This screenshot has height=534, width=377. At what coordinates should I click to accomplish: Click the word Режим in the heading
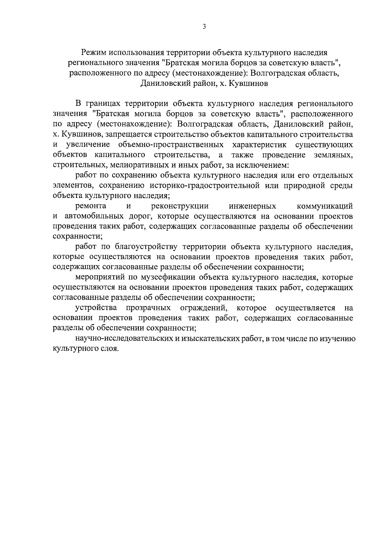pos(92,52)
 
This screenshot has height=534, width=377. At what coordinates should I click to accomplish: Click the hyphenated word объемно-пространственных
pos(171,145)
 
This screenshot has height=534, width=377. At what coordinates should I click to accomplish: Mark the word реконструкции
pos(180,206)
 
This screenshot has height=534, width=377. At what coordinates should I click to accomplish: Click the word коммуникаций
pos(325,206)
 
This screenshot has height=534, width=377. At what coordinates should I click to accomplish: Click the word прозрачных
pos(148,307)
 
